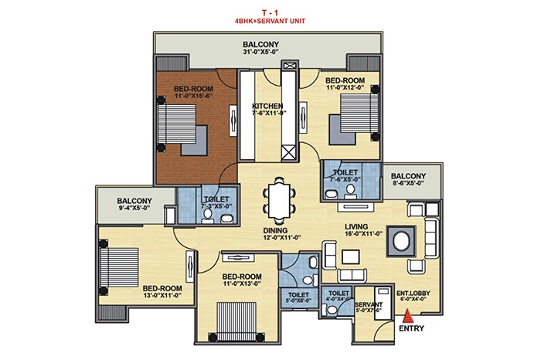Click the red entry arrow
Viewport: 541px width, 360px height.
coord(408,316)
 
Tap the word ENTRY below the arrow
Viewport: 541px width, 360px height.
coord(411,328)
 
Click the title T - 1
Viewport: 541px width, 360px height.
coord(270,13)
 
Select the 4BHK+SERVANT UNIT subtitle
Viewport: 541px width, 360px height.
coord(270,21)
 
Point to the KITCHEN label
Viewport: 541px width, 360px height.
coord(267,106)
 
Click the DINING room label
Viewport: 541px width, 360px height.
coord(275,230)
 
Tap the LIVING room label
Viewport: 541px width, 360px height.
coord(356,226)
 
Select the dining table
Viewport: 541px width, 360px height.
coord(279,200)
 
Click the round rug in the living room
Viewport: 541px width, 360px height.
coord(401,241)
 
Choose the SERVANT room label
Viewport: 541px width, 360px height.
coord(369,305)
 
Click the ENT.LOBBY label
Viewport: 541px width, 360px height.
coord(413,294)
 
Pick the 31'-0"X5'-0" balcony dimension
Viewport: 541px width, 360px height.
coord(260,52)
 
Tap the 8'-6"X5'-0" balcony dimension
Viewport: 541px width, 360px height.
coord(407,183)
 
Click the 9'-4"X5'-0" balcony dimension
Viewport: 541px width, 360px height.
coord(134,208)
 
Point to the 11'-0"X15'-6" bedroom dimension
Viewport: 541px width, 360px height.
coord(193,96)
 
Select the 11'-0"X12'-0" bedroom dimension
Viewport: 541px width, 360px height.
coord(345,87)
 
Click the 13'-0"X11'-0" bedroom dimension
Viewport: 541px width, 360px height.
coord(162,295)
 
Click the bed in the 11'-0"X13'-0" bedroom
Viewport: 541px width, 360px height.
coord(236,322)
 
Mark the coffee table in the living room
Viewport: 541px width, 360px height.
coord(351,257)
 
